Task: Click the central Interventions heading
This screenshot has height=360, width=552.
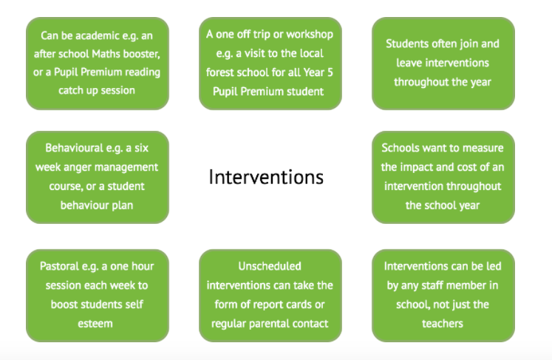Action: [266, 177]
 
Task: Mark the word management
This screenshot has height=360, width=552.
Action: [126, 166]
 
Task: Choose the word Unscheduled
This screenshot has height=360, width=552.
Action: [270, 265]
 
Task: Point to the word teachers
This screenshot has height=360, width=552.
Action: [443, 323]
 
